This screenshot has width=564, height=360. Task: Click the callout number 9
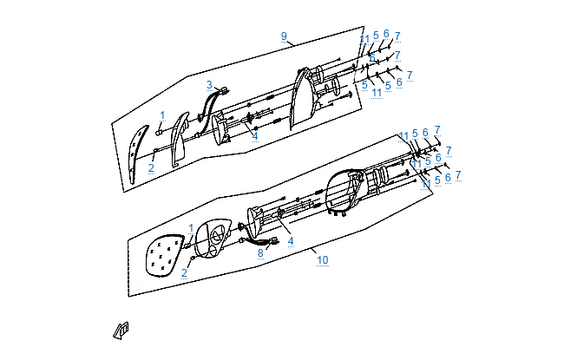(x=283, y=36)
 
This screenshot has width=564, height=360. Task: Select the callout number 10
(x=322, y=259)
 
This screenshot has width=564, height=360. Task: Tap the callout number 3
(x=209, y=85)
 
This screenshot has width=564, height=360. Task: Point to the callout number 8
(x=259, y=253)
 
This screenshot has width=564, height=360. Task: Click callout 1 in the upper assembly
(x=161, y=115)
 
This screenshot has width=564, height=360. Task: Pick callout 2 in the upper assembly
(x=150, y=167)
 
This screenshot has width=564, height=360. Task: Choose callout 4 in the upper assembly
(x=254, y=135)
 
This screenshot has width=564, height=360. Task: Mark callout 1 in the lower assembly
(x=191, y=227)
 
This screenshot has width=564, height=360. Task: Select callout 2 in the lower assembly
(x=184, y=272)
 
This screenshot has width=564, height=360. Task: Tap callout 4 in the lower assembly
(x=291, y=240)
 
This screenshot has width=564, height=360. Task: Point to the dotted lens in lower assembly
(x=165, y=256)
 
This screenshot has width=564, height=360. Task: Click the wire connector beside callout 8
(x=274, y=241)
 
